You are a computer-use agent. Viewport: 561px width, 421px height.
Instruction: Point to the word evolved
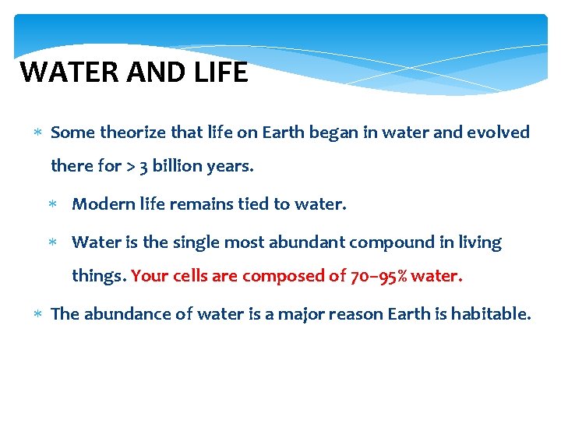[498, 133]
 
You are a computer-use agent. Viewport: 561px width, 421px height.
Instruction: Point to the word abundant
[306, 242]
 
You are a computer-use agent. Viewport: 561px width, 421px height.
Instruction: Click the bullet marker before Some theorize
[38, 133]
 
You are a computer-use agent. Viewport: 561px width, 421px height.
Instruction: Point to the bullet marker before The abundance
[38, 315]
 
